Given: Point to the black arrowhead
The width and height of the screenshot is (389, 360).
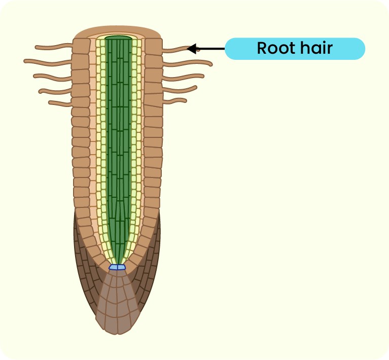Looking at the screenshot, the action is point(192,49).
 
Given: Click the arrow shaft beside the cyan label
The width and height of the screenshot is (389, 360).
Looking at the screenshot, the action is point(210,49).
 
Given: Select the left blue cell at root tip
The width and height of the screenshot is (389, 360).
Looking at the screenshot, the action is point(113,267).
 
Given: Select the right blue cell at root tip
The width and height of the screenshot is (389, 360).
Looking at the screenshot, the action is point(122,267).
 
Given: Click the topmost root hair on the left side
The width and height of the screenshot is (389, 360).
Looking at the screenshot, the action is point(54,47).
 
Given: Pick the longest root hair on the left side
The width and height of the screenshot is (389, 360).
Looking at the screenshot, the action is point(48,62).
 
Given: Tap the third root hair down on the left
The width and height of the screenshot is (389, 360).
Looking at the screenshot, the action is point(52,77).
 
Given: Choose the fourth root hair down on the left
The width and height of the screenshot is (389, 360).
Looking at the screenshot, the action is point(55,91).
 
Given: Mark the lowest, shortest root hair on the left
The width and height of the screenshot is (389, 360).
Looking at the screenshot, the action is point(60,103).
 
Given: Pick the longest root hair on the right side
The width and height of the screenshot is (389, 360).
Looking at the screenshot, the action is point(187,63).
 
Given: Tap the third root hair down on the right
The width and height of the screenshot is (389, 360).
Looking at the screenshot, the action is point(183,78).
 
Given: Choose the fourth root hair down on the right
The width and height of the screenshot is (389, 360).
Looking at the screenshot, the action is point(180,90).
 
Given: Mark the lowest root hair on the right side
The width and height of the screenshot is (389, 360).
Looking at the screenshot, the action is point(174,101).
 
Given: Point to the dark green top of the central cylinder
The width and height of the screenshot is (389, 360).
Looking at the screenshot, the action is point(119,38).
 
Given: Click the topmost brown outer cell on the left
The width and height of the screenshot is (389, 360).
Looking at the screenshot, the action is point(81,46).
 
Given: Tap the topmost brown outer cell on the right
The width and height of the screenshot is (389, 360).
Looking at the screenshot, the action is point(154,47).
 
